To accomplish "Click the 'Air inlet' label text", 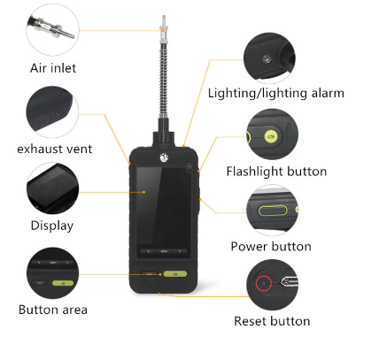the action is tap(53, 68).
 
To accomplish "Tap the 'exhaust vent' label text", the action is tap(55, 149).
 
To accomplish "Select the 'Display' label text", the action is tap(52, 226).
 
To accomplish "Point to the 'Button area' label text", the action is tap(53, 310).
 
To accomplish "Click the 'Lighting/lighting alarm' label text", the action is tap(276, 93).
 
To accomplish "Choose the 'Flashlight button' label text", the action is tap(276, 172).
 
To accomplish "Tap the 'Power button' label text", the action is tap(271, 247).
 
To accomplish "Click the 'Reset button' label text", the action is tap(272, 321).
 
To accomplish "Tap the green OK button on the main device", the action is tap(175, 274).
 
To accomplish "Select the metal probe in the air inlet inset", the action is tap(51, 28).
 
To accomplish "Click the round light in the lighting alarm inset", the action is tap(267, 58).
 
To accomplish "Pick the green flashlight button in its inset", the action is tap(272, 136).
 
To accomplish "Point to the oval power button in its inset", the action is tap(273, 211).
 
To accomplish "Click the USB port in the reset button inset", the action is tap(290, 281).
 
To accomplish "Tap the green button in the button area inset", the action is tap(63, 283).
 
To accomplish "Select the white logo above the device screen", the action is tap(164, 157).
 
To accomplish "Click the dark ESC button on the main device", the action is tap(150, 274).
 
